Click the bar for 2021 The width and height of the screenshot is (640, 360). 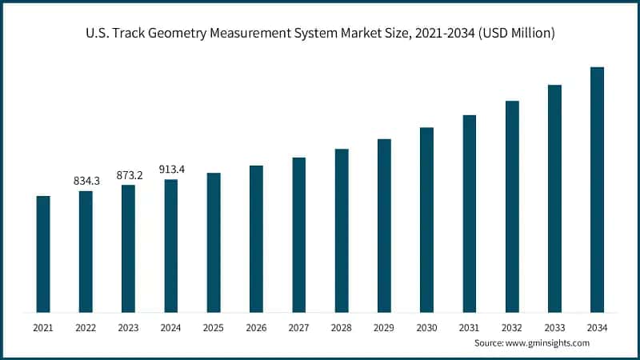point(43,254)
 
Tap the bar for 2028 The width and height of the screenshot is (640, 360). point(342,230)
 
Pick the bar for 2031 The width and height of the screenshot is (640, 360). point(469,214)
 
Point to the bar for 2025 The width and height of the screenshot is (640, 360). point(214,242)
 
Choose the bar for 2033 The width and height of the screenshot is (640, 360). point(554,198)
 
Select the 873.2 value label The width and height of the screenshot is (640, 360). point(128,175)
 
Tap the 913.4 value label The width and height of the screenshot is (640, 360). point(171,170)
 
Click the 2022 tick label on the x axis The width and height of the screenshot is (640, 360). point(86,328)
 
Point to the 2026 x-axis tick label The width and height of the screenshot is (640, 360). point(256,328)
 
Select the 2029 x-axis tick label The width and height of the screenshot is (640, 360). point(384,328)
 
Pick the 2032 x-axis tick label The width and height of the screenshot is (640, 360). point(512,328)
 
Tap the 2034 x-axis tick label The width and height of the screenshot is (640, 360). point(597,328)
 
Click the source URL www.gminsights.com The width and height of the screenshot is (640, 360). point(546,342)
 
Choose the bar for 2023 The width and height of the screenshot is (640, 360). point(128,248)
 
